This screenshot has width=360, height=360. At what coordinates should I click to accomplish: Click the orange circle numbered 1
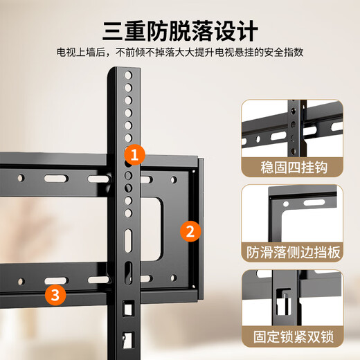coord(134,153)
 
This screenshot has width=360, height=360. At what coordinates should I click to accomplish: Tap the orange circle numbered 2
coord(190,230)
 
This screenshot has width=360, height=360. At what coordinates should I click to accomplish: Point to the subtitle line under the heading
coord(180,53)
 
